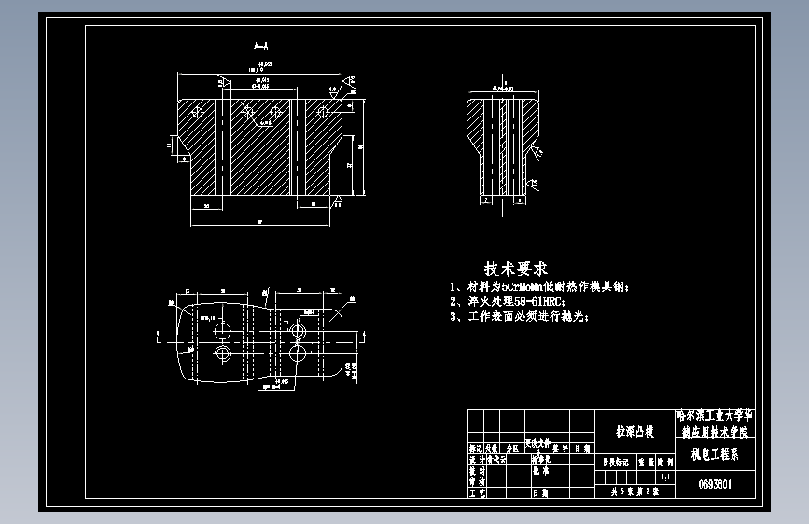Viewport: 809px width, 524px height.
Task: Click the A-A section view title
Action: pos(261,45)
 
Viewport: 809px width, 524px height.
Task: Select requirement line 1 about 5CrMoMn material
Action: pos(539,286)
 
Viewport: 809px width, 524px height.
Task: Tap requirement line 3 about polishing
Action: pos(519,316)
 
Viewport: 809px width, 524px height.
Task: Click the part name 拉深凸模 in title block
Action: pos(635,432)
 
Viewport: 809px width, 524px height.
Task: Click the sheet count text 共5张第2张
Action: pos(635,490)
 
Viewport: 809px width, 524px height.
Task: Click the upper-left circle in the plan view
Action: pos(223,331)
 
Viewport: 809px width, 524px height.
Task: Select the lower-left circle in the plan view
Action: pos(223,353)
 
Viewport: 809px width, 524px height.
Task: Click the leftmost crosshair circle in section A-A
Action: pos(197,111)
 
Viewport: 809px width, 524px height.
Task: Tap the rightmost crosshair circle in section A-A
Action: pos(323,112)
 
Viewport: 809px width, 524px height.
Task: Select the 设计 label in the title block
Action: pos(475,460)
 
